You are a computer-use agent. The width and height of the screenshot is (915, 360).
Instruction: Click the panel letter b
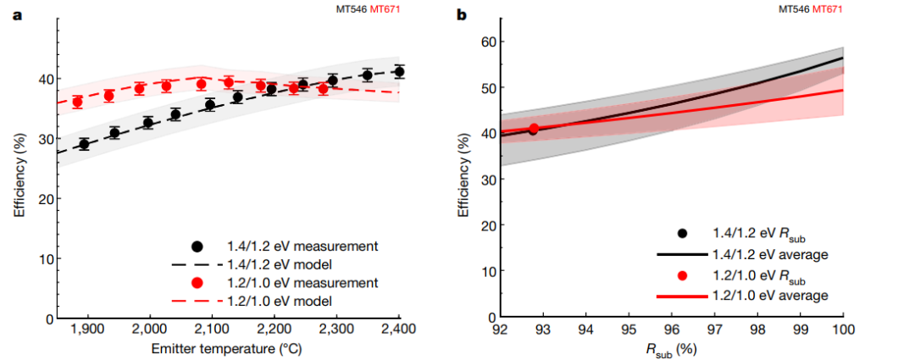point(461,15)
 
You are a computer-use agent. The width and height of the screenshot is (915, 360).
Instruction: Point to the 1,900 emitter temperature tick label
point(87,328)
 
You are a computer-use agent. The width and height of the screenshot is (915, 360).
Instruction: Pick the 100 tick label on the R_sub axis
point(842,328)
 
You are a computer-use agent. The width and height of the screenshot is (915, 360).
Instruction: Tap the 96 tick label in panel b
point(671,328)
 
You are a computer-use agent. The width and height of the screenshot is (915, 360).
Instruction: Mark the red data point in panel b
point(534,130)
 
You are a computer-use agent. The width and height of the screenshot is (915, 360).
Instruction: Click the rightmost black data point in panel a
point(399,72)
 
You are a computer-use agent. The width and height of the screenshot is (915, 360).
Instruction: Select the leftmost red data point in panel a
point(77,102)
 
